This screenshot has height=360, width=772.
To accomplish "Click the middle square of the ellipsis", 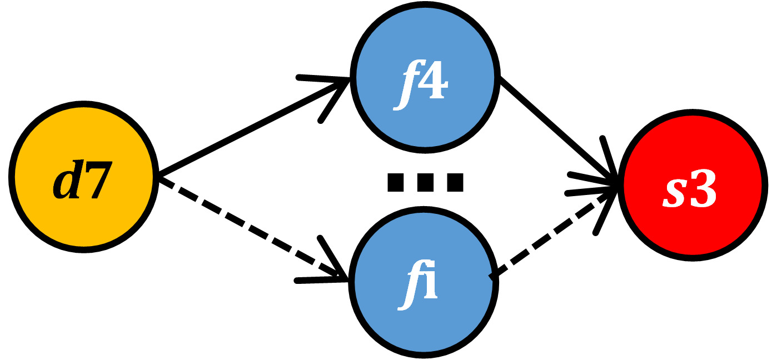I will click(x=425, y=182).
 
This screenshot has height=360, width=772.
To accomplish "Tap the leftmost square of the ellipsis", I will click(x=396, y=182).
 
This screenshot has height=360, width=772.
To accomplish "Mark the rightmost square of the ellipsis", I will click(x=454, y=182).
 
